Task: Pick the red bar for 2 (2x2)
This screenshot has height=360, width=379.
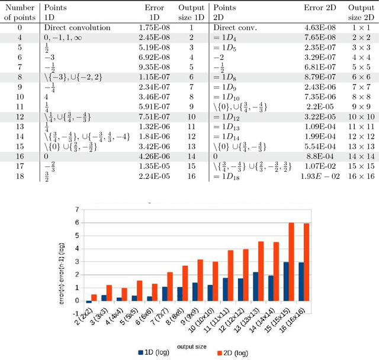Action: (x=94, y=297)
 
